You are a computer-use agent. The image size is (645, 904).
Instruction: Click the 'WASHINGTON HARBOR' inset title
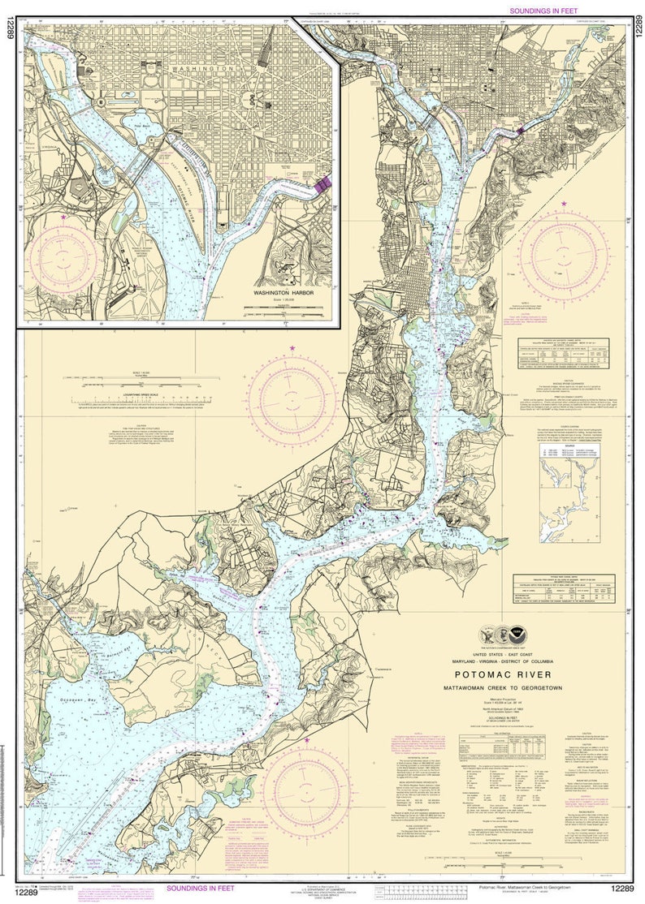tap(282, 292)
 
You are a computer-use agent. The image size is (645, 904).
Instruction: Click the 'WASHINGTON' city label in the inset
tap(203, 70)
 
